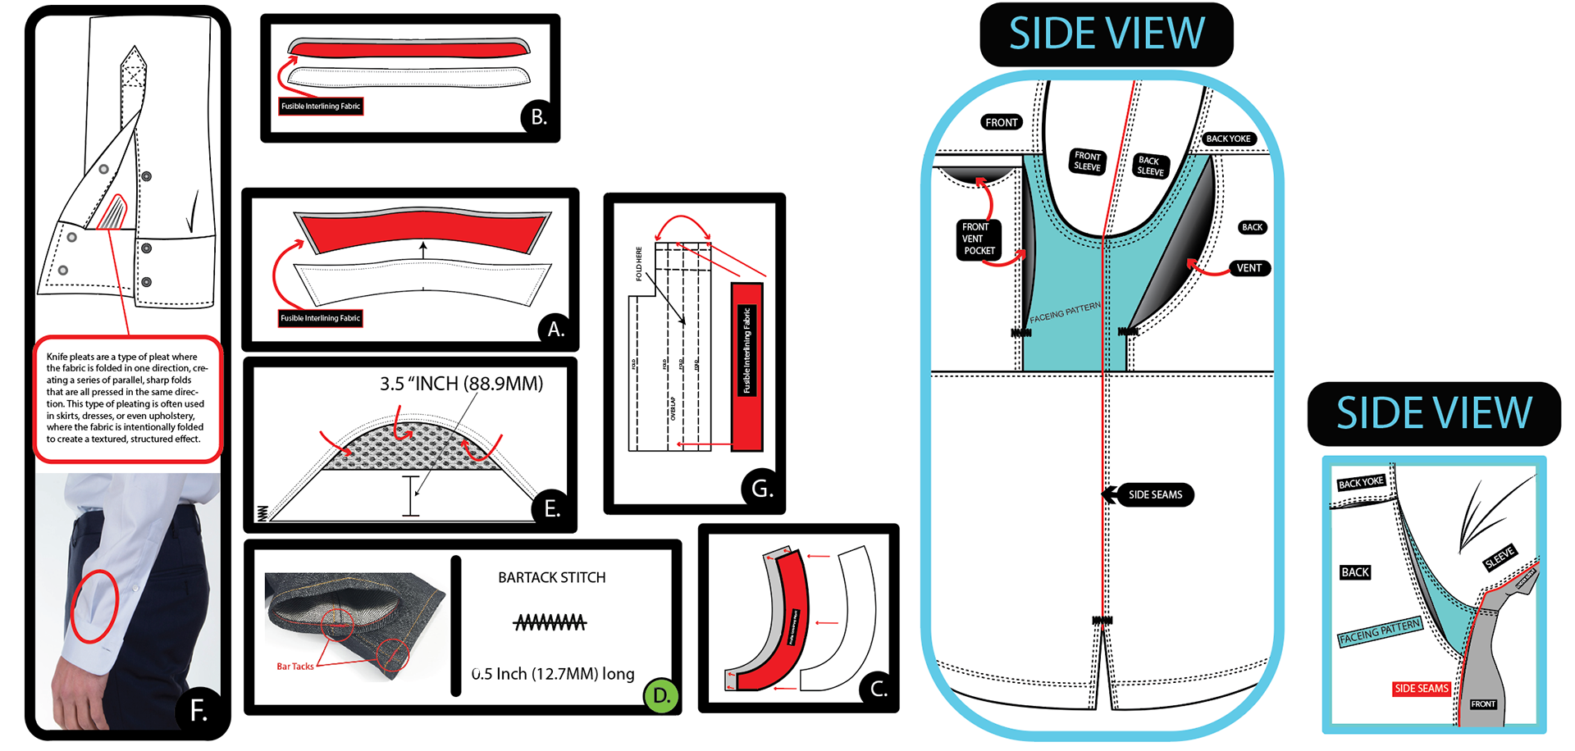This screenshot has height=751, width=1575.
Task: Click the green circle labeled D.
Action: [x=661, y=696]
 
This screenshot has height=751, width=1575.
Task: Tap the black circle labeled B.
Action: [x=538, y=117]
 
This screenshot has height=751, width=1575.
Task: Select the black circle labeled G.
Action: [x=760, y=489]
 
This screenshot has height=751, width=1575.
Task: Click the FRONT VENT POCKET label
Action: [x=978, y=239]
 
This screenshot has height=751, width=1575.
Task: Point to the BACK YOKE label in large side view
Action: [x=1228, y=139]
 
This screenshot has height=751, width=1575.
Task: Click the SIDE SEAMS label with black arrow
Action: [x=1155, y=494]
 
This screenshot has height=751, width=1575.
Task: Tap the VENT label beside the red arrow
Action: [x=1249, y=268]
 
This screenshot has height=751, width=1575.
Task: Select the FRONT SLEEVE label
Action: [x=1088, y=161]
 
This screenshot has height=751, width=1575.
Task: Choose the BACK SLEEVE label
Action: [x=1150, y=166]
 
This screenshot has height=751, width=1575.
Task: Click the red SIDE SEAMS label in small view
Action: [x=1422, y=689]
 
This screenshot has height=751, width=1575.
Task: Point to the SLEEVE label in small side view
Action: [x=1500, y=558]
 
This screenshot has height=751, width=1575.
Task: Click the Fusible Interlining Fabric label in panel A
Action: [x=320, y=318]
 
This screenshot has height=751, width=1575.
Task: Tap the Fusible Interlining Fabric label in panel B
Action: [x=321, y=107]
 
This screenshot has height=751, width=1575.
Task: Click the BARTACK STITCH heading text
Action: [x=552, y=577]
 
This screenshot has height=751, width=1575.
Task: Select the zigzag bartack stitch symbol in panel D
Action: [x=550, y=623]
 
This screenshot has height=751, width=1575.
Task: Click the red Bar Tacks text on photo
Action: [x=294, y=667]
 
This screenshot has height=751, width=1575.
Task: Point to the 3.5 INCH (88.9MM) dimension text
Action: [x=461, y=384]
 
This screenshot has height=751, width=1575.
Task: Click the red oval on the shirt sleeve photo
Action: [x=94, y=606]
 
